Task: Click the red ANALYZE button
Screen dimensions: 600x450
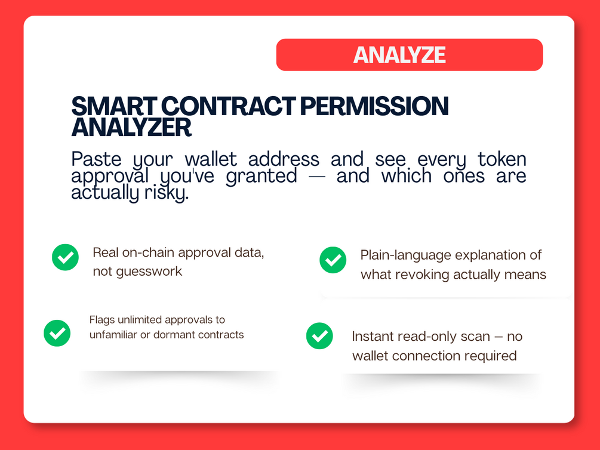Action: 410,55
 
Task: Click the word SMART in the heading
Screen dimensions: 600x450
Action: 114,106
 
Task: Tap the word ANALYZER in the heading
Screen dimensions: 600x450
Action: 131,128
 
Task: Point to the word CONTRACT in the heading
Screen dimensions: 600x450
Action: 229,106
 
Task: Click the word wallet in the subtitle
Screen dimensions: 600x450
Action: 211,159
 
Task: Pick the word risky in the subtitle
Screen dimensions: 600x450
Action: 167,193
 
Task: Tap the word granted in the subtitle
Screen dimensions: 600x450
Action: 261,176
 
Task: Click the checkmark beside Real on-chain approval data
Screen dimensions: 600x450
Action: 66,257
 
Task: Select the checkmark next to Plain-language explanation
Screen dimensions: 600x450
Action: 333,260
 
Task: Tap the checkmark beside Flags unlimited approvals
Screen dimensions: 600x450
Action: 57,333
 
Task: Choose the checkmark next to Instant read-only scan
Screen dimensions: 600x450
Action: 319,335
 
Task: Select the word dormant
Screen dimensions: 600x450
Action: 174,335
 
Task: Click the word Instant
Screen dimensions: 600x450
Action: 373,337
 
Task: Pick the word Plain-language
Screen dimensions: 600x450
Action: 405,255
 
